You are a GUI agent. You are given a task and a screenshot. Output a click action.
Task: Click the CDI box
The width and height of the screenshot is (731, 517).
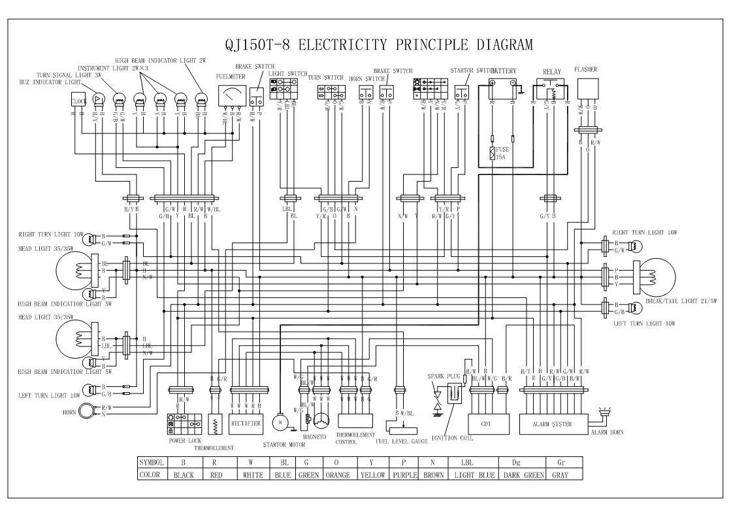(485, 424)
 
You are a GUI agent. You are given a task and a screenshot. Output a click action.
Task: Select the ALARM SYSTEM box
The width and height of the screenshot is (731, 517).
(553, 424)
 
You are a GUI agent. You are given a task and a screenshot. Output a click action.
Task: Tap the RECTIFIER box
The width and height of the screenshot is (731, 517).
(246, 424)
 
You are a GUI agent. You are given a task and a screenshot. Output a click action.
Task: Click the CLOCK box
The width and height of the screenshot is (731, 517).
(78, 101)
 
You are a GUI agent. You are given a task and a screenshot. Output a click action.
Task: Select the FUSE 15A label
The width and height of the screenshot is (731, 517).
(502, 153)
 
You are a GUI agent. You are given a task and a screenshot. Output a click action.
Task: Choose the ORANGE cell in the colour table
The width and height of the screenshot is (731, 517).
(336, 475)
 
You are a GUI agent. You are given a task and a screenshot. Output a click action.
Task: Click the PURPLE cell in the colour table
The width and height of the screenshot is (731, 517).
(404, 475)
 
